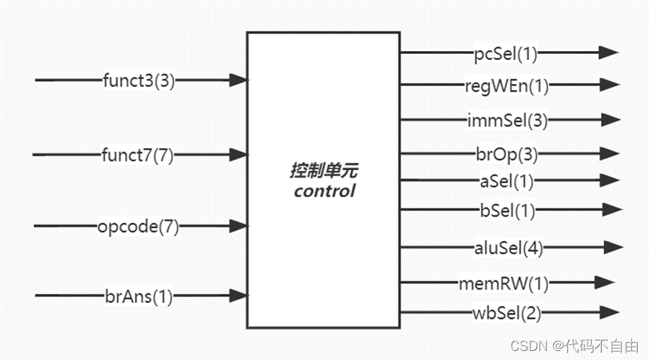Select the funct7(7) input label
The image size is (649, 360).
point(137,155)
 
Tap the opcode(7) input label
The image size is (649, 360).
point(138,226)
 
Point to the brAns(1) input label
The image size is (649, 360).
point(138,296)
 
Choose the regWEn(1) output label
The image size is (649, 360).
point(506,85)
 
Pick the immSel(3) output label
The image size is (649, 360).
point(506,119)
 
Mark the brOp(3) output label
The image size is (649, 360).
point(506,154)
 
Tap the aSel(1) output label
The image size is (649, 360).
point(506,180)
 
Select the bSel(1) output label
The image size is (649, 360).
point(506,211)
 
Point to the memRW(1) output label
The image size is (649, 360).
point(506,283)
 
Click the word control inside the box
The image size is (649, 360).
point(324,191)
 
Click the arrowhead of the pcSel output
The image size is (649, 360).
point(608,52)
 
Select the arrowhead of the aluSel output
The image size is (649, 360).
point(612,247)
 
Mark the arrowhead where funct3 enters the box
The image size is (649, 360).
point(239,80)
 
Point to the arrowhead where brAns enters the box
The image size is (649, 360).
point(239,296)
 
